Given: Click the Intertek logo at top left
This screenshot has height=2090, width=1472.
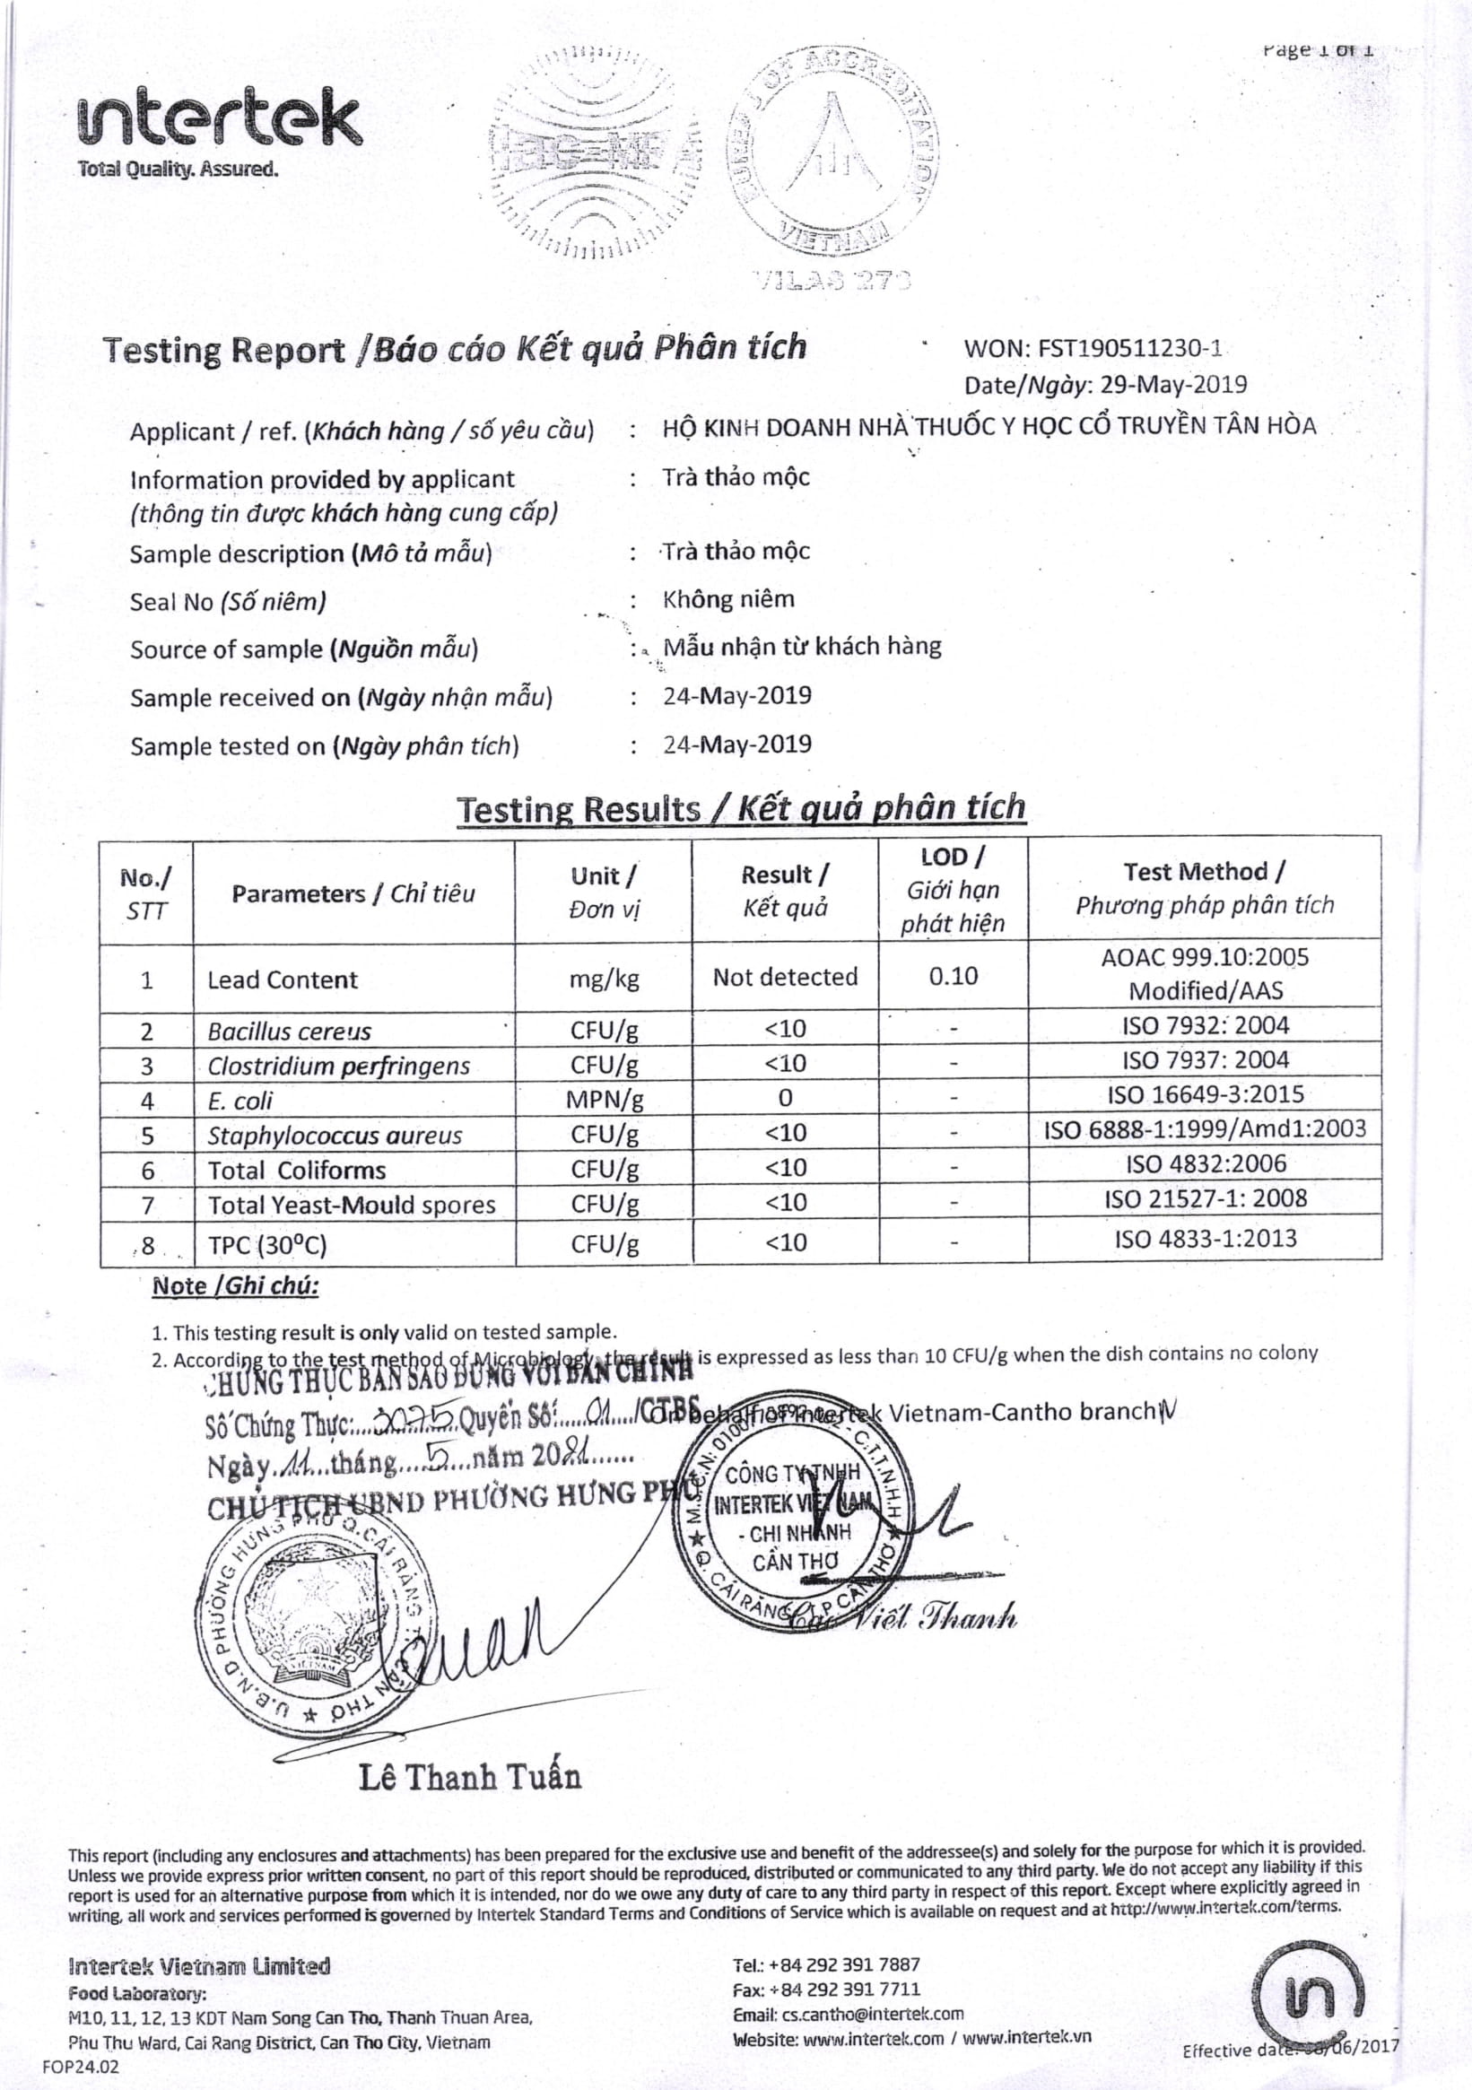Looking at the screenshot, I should coord(221,123).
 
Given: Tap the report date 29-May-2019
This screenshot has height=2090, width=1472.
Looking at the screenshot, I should coord(1173,384).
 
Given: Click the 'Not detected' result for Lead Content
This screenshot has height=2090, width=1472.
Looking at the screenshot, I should coord(785,977).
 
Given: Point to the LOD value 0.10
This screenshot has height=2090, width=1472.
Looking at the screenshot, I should coord(954,977).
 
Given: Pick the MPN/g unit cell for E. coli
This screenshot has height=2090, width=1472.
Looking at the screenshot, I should coord(605,1100).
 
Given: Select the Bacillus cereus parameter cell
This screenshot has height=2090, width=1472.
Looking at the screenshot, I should coord(290,1032).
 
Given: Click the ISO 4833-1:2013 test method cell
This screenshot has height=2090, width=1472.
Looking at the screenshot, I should coord(1206,1238).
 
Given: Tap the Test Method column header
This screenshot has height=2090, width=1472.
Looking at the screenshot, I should coord(1205,888).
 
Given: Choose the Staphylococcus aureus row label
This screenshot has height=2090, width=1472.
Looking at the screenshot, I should coord(334,1135).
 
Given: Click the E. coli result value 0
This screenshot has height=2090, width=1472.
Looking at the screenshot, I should coord(785,1099).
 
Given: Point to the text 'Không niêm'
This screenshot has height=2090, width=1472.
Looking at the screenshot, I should coord(728,599).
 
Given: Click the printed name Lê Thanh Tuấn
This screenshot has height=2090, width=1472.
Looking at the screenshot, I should coord(470,1777).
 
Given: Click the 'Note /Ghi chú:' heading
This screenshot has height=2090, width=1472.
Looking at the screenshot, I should coord(235,1286).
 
